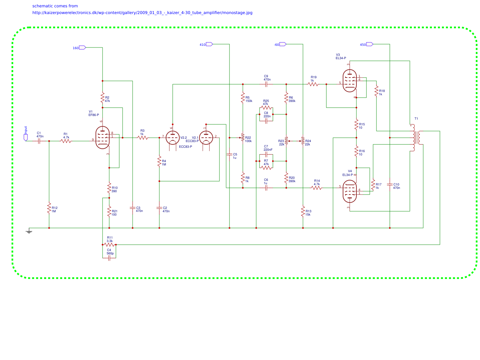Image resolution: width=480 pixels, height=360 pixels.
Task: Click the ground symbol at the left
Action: click(29, 231)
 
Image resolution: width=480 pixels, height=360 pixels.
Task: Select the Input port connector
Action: click(26, 137)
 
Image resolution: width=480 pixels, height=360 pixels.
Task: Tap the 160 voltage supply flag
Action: click(82, 47)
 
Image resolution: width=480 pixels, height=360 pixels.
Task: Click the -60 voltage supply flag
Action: click(283, 44)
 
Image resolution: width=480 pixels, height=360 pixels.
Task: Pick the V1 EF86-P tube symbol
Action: click(102, 137)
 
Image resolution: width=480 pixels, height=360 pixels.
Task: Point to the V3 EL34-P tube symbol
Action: click(349, 81)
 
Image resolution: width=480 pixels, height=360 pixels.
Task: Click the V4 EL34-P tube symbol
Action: click(349, 191)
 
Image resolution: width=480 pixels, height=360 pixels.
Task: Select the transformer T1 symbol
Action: click(417, 137)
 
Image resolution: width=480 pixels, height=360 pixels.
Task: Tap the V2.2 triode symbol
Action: click(172, 138)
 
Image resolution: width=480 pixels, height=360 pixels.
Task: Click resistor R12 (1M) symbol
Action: click(49, 208)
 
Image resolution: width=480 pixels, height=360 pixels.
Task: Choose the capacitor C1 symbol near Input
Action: click(39, 141)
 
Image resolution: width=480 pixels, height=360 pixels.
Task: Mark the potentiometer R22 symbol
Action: click(243, 137)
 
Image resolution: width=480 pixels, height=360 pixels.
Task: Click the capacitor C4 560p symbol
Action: click(109, 258)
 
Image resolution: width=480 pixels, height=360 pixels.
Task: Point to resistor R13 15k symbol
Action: click(303, 211)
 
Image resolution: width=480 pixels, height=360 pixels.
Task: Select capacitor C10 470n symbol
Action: click(389, 184)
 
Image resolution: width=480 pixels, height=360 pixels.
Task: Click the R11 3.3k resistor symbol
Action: click(109, 245)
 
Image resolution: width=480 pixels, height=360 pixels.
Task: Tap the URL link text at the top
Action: click(142, 13)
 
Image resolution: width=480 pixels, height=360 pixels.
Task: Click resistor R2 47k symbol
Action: click(103, 98)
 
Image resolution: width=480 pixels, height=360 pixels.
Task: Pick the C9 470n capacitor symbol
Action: click(266, 84)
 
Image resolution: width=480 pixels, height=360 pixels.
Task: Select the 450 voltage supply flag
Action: click(369, 44)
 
